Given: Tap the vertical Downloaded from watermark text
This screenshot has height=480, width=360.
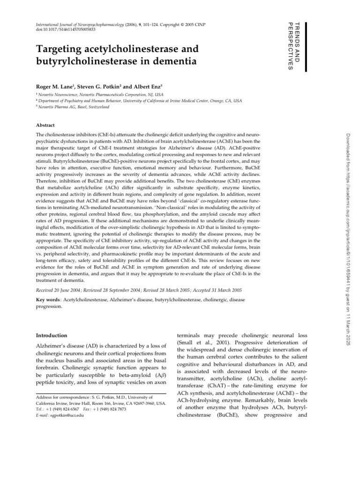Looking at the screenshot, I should pos(347,234).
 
